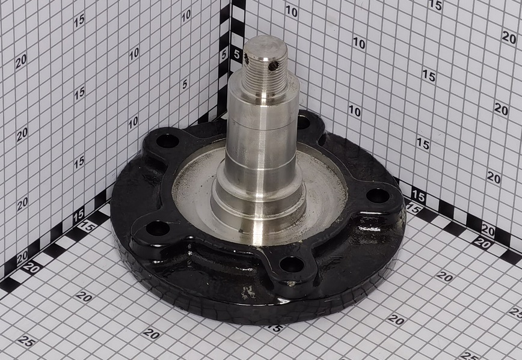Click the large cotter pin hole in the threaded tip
click(x=273, y=66)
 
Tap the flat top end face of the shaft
click(x=265, y=47)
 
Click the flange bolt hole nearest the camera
click(x=292, y=264)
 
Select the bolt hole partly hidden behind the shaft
click(x=303, y=123)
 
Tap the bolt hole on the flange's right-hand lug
click(x=378, y=196)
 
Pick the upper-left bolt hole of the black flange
click(x=167, y=141)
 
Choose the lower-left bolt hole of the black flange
click(x=158, y=228)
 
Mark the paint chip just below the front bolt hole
click(x=291, y=284)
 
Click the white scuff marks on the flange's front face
click(x=248, y=293)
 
